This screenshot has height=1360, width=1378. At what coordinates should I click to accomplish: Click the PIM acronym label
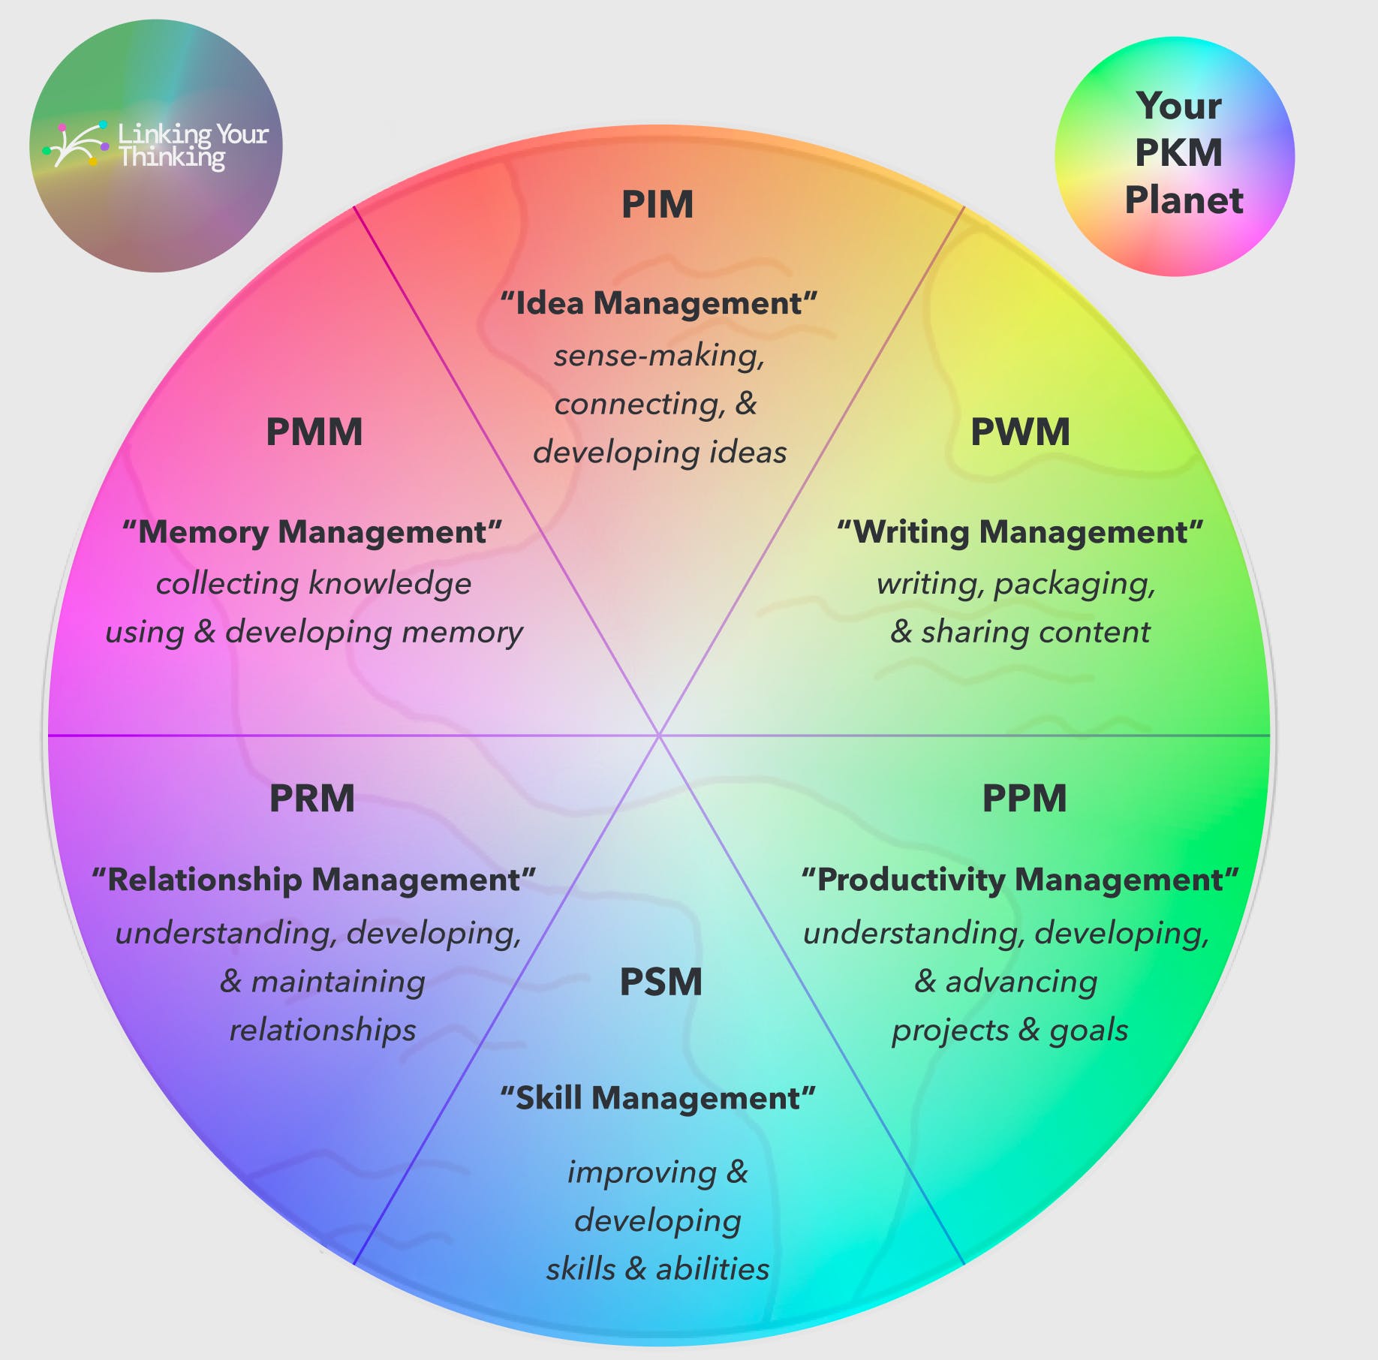click(657, 204)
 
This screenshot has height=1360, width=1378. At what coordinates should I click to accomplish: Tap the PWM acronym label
click(1020, 432)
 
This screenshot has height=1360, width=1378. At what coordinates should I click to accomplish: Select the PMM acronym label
click(314, 432)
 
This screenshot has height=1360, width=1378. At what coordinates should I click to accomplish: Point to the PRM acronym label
click(312, 798)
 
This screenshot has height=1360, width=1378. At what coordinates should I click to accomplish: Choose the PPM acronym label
click(1024, 798)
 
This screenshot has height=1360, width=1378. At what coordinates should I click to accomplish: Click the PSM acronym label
click(660, 982)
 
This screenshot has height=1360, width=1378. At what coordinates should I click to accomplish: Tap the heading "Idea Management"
click(659, 303)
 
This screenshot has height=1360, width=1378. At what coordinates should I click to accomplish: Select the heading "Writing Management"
click(1020, 532)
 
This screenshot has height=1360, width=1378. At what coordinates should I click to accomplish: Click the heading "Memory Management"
click(312, 532)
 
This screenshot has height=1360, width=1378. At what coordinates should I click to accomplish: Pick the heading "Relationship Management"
click(314, 880)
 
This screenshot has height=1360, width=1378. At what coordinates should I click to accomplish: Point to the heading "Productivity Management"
click(1020, 880)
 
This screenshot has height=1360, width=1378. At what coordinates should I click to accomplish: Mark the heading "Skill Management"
click(658, 1098)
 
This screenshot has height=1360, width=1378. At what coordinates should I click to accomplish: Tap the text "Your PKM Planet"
click(1179, 153)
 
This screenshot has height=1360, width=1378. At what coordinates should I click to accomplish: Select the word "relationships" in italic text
click(322, 1030)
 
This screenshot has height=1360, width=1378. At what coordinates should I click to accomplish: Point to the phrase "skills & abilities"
click(657, 1268)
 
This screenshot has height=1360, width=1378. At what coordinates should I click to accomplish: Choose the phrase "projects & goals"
click(1009, 1030)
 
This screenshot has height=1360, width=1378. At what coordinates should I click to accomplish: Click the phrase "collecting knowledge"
click(314, 583)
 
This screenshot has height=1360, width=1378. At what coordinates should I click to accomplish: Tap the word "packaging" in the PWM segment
click(1073, 583)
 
